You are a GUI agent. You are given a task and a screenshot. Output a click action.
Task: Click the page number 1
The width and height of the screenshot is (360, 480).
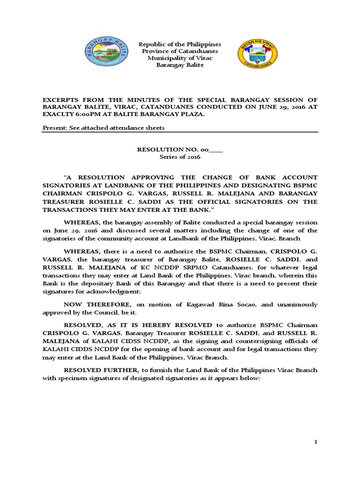click(x=315, y=442)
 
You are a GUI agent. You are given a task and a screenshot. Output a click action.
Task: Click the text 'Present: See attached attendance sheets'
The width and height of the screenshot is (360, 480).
click(x=104, y=128)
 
